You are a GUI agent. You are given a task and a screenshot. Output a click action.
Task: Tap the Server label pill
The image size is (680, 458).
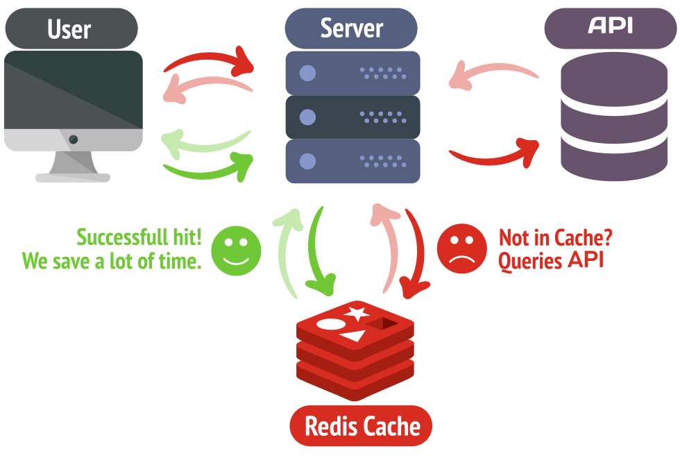click(351, 28)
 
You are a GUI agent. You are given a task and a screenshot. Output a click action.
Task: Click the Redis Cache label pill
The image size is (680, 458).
click(361, 425)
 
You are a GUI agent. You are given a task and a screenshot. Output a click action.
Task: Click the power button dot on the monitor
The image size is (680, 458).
click(73, 139)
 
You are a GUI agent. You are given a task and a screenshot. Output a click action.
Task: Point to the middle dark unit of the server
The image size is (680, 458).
click(352, 117)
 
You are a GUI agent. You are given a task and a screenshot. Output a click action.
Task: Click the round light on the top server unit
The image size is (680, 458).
click(307, 73)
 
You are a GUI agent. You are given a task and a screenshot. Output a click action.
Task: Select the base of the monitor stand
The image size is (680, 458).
click(73, 178)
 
